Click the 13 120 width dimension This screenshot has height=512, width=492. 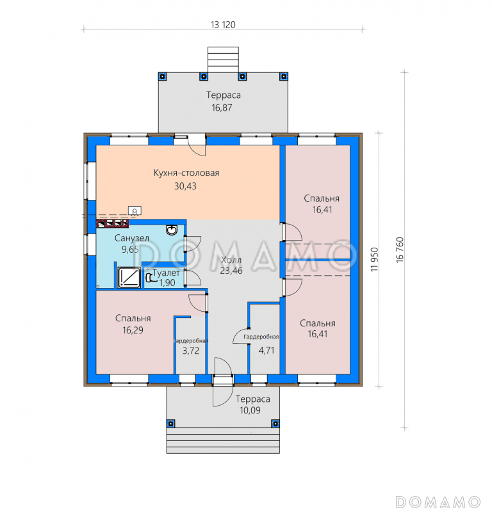[223, 25]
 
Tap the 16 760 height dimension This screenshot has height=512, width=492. [400, 250]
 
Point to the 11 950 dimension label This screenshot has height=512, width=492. [374, 260]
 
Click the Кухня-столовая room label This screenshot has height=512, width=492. [186, 173]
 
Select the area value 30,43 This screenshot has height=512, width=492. [185, 186]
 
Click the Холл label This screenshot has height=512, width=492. [231, 260]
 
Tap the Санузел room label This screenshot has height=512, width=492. [132, 238]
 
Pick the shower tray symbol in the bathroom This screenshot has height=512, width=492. [129, 278]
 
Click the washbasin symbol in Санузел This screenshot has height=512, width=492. [172, 230]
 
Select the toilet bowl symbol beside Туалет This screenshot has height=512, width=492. [149, 277]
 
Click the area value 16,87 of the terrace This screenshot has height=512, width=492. [222, 108]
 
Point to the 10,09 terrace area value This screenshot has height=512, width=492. [250, 410]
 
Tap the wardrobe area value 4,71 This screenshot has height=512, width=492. [266, 350]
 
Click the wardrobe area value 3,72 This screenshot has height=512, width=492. [191, 351]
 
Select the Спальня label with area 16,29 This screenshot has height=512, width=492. [133, 318]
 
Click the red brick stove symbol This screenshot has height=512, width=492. [112, 223]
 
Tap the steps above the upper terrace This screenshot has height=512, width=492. [223, 60]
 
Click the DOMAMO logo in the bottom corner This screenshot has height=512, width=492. [438, 502]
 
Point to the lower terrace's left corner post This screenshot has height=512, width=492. [170, 424]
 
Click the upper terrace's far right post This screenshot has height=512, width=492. [283, 76]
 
